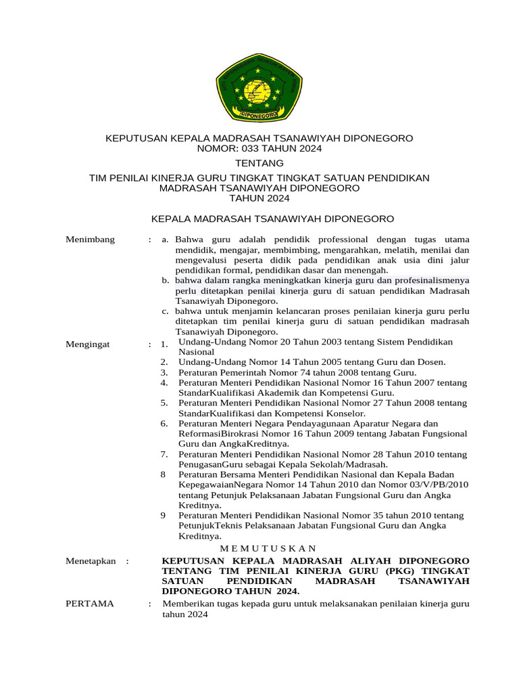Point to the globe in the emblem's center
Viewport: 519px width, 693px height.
pos(258,89)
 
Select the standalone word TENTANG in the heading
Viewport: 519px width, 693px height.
pos(259,163)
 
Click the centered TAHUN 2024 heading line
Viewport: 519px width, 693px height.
pos(259,198)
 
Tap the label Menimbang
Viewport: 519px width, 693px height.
pos(90,240)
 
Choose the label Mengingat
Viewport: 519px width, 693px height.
pos(87,344)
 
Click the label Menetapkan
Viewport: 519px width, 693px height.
pos(91,561)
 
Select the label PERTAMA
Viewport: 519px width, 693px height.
pos(90,603)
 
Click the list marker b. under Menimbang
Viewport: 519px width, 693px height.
pos(166,280)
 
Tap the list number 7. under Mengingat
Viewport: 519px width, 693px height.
pos(164,454)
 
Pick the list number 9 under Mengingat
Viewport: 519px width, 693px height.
pos(163,516)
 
